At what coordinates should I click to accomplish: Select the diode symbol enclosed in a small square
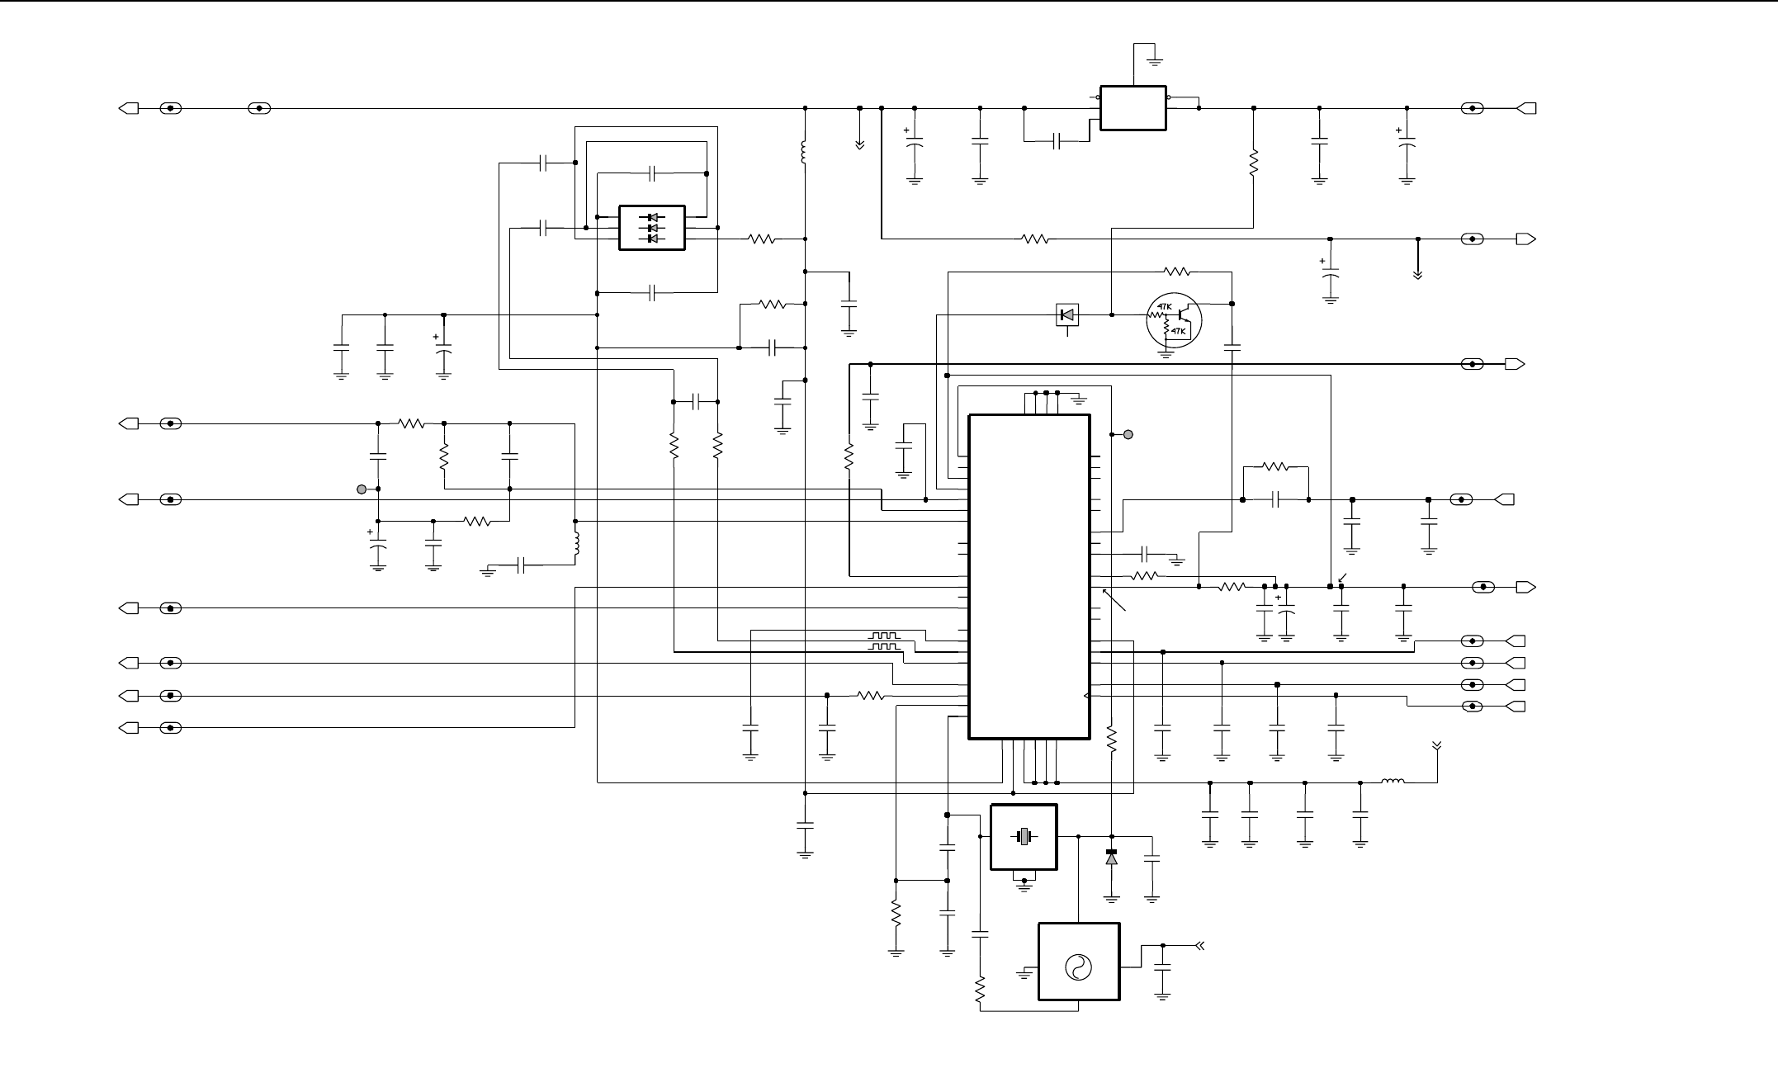point(1067,314)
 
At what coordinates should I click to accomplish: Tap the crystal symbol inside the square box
point(1024,837)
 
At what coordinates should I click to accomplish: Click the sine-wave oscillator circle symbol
point(1078,967)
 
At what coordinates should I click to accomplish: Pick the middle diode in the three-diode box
point(652,228)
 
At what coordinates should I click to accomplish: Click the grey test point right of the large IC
point(1128,434)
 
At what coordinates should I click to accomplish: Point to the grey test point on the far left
point(361,489)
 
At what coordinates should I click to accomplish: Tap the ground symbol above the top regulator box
point(1154,61)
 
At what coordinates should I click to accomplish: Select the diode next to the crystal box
point(1111,858)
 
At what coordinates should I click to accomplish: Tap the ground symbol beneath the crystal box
point(1024,883)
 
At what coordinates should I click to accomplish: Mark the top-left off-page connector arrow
point(129,108)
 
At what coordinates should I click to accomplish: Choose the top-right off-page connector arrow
point(1526,108)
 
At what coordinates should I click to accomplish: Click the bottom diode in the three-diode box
point(652,239)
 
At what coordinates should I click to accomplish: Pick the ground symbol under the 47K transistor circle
point(1166,352)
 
